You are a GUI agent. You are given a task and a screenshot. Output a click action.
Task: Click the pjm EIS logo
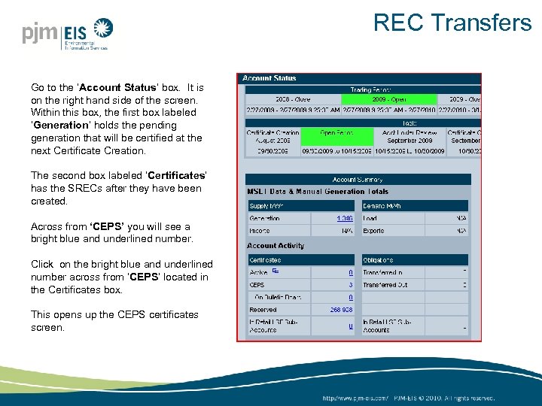pos(66,34)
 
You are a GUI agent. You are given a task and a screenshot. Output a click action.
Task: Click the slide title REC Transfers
pos(452,23)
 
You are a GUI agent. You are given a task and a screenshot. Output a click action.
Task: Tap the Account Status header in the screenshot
pos(269,78)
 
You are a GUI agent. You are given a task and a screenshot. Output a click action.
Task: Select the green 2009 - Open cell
pos(389,98)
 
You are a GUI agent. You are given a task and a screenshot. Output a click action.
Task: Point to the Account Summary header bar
pos(358,180)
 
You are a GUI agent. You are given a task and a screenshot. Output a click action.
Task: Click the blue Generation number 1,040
pos(345,219)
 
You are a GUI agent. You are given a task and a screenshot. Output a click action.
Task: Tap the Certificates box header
pos(265,259)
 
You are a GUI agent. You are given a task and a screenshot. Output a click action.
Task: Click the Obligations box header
pos(379,259)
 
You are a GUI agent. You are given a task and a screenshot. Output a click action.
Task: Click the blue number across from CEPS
pos(351,285)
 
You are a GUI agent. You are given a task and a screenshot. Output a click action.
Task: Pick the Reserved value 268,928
pos(342,310)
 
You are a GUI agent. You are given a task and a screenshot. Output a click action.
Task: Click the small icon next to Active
pos(276,271)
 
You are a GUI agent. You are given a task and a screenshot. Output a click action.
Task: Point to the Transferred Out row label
pos(385,285)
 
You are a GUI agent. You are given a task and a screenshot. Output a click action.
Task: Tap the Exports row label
pos(373,231)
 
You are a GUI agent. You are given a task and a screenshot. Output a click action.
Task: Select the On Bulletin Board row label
pos(277,297)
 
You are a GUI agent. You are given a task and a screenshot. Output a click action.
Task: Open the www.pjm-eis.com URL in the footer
pos(355,397)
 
